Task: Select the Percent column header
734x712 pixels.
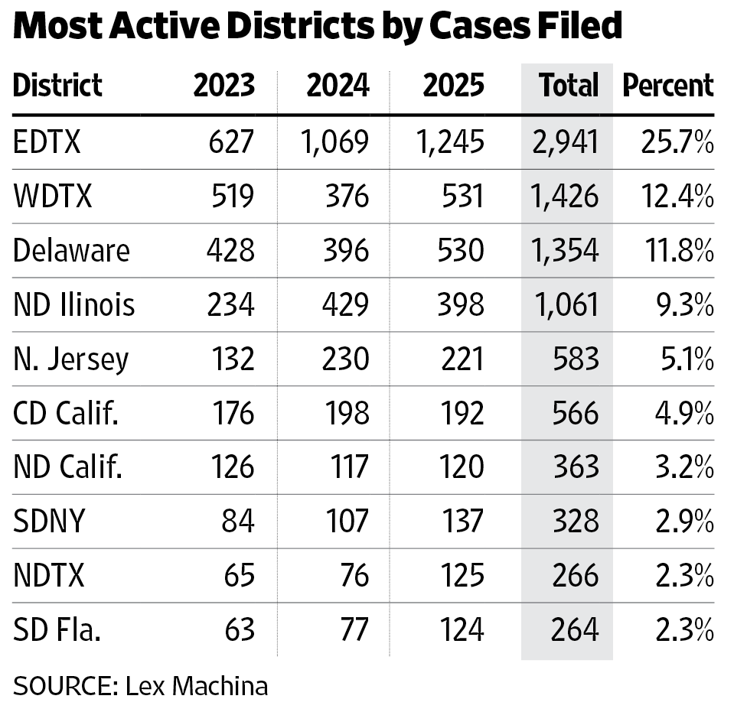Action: (x=668, y=85)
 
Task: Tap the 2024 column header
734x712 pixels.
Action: (x=338, y=85)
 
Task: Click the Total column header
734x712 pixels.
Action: (x=569, y=85)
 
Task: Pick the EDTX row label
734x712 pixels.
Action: (x=47, y=141)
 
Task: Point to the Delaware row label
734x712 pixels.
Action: (x=71, y=250)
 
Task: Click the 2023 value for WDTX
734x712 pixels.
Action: (x=233, y=196)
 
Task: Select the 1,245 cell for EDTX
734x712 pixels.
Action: (x=450, y=141)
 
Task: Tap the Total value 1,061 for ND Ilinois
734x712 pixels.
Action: (x=566, y=304)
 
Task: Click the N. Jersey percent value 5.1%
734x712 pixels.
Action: (x=687, y=359)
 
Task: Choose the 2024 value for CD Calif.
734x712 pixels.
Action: (x=347, y=413)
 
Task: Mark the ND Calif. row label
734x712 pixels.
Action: (x=68, y=467)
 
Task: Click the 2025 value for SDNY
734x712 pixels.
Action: (x=462, y=521)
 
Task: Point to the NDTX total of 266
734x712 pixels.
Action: (x=576, y=575)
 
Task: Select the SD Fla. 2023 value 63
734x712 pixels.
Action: (x=240, y=629)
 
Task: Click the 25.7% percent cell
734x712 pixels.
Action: (x=677, y=141)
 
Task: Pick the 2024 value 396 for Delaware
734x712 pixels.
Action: (x=346, y=250)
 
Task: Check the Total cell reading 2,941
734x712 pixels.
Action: (x=566, y=141)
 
